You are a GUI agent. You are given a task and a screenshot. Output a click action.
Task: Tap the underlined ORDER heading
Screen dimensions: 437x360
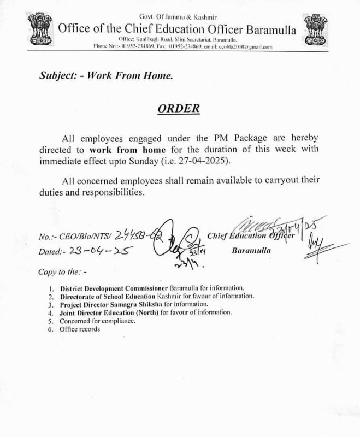(x=178, y=108)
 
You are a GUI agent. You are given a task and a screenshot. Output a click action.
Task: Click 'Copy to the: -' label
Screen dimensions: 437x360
(x=62, y=271)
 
